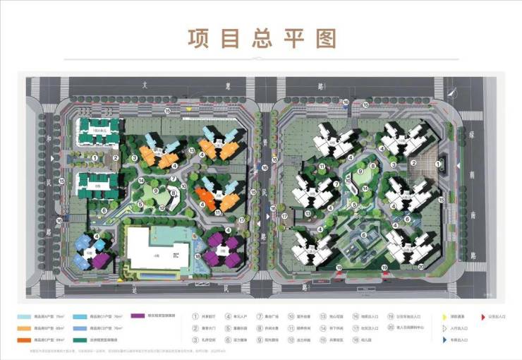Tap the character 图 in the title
coord(326,38)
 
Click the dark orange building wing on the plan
coord(206,197)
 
